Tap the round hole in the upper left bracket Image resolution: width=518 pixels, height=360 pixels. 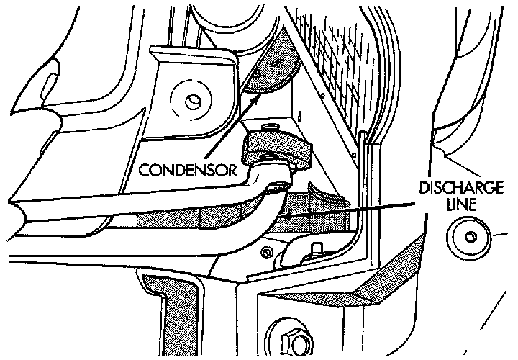[x=193, y=100]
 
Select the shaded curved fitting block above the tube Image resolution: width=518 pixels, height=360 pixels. [x=277, y=148]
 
